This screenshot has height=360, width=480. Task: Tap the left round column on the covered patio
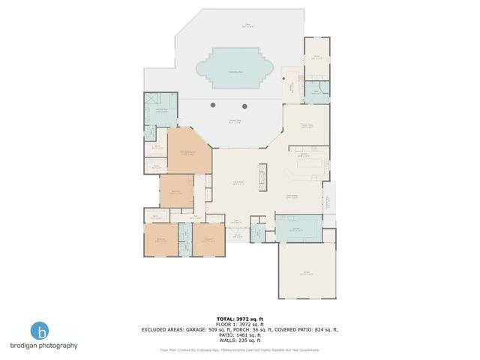pos(214,104)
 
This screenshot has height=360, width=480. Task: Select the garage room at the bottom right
pos(305,273)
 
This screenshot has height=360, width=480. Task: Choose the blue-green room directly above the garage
pos(298,227)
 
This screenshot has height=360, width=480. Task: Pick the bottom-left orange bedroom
pos(160,240)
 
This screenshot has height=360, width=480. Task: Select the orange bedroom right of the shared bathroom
pos(208,240)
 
